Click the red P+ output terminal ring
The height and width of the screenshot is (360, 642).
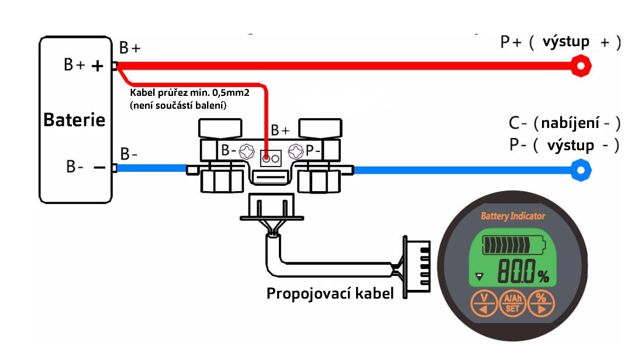point(580,65)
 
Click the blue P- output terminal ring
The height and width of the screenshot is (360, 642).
point(581,170)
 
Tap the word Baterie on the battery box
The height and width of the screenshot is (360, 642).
point(74,120)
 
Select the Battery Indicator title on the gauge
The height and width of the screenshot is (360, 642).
point(512,216)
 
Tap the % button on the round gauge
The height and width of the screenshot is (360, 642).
point(541,303)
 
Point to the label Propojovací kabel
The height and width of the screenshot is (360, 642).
point(329,293)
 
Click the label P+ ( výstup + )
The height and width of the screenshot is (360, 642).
point(560,42)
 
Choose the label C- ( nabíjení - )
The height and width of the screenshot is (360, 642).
point(564,123)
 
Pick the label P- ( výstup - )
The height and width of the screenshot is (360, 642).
point(564,145)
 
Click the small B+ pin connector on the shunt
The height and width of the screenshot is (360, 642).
point(271,158)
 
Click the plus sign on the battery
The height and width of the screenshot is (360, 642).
point(98,66)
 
